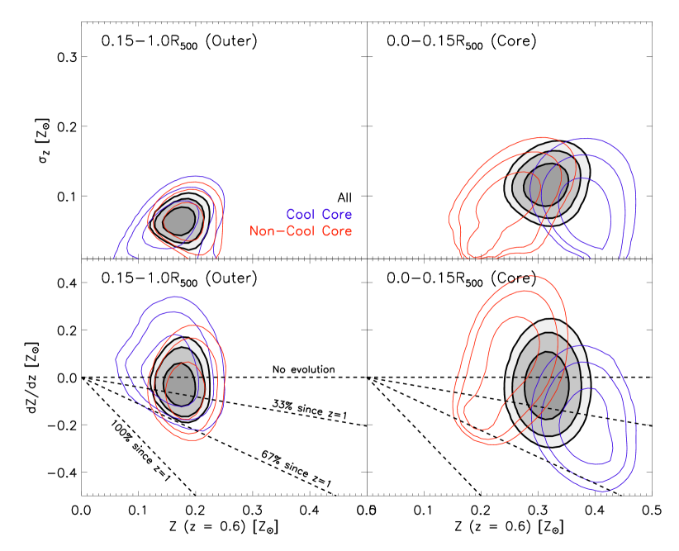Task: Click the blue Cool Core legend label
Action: click(x=319, y=215)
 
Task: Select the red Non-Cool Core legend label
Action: click(x=301, y=231)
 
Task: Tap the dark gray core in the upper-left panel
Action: click(x=178, y=221)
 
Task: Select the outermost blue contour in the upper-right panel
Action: click(x=637, y=207)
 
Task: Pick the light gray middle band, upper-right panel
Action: click(x=519, y=186)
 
